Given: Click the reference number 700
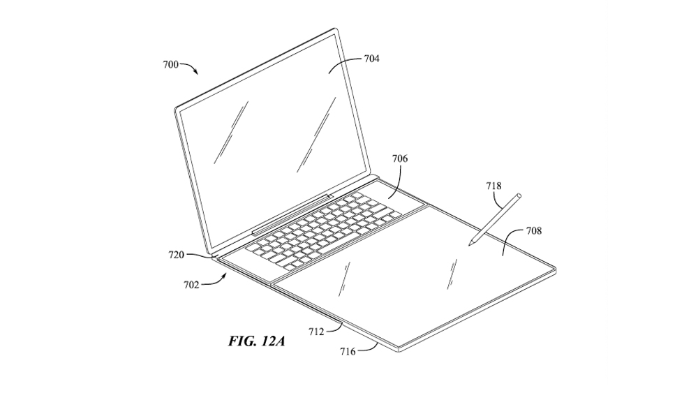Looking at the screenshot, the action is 170,65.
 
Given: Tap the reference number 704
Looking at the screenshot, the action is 372,59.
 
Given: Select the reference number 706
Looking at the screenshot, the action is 400,158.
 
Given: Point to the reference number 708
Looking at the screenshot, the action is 534,230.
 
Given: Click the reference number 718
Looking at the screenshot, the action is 493,186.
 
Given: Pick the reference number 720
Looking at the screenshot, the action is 177,255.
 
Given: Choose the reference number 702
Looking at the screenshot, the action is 191,285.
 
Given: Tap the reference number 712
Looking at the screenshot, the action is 316,332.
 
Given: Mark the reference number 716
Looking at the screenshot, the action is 348,352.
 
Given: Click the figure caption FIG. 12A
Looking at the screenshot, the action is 257,341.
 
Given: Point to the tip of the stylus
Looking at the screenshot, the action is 470,245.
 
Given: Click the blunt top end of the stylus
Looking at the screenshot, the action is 519,195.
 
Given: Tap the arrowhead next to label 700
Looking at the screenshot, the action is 196,73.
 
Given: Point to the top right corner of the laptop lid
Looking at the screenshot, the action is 335,30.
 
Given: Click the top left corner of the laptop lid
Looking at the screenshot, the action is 176,109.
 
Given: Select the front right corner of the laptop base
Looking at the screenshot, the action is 555,268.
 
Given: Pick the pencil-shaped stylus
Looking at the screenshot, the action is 495,219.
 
